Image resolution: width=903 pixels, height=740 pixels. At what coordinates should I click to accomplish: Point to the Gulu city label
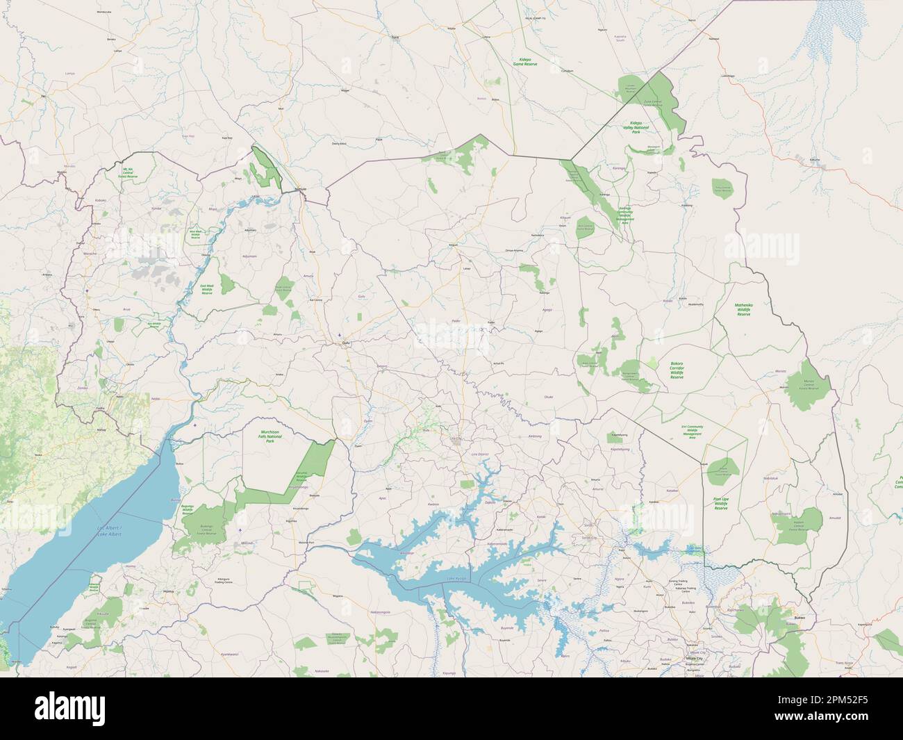342,343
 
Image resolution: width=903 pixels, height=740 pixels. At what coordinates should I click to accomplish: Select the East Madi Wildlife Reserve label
207,289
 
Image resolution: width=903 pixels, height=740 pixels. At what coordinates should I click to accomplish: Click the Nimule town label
301,188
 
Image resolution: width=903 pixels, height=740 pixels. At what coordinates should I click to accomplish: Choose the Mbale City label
693,656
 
